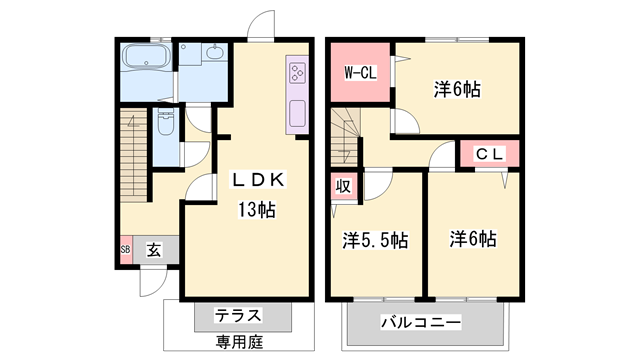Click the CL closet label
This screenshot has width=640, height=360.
tap(489, 154)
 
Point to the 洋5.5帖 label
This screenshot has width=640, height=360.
tap(374, 239)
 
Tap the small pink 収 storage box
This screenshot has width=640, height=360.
tap(342, 185)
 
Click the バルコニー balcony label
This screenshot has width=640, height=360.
tap(420, 323)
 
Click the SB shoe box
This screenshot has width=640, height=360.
tap(125, 250)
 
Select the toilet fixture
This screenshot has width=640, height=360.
tap(165, 124)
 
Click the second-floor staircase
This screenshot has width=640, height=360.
tap(346, 130)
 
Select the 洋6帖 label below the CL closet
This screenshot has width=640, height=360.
tap(473, 239)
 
